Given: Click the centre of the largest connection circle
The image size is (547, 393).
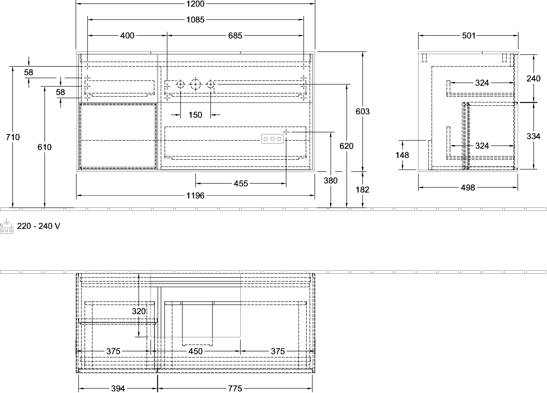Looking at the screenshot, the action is [195, 84].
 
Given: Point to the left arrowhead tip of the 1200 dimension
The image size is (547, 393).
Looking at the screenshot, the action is [76, 4].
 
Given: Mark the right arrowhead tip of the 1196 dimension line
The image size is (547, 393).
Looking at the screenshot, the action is [315, 195].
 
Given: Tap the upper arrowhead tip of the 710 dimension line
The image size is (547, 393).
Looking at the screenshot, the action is [13, 67].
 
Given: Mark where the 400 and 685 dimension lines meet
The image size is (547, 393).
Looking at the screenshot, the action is [167, 36].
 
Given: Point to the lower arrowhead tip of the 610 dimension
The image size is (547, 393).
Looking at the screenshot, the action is [44, 207].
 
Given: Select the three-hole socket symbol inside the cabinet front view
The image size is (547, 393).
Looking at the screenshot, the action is [272, 139].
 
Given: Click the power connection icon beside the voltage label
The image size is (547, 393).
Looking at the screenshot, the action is [6, 226].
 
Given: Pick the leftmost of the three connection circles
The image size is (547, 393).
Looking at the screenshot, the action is [180, 84].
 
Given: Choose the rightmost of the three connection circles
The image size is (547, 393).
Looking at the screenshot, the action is [210, 84].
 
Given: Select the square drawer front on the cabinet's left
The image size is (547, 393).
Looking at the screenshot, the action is [118, 136].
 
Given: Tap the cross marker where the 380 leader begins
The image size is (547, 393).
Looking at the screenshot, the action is [286, 132].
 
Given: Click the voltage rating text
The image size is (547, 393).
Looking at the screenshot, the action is [39, 226].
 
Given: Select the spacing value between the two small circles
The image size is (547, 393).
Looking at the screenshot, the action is [195, 115].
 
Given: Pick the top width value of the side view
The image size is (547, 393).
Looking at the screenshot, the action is [469, 36].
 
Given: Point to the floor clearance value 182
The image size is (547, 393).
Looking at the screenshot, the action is [362, 190].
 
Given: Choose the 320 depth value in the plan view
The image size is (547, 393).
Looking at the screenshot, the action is [139, 311].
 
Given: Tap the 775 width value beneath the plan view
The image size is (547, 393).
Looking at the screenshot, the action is [235, 388].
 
